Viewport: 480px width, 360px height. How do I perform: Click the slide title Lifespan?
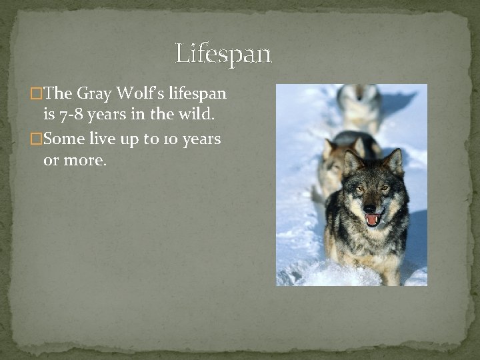[x=223, y=53]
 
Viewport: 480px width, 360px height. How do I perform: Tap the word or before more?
[x=51, y=160]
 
